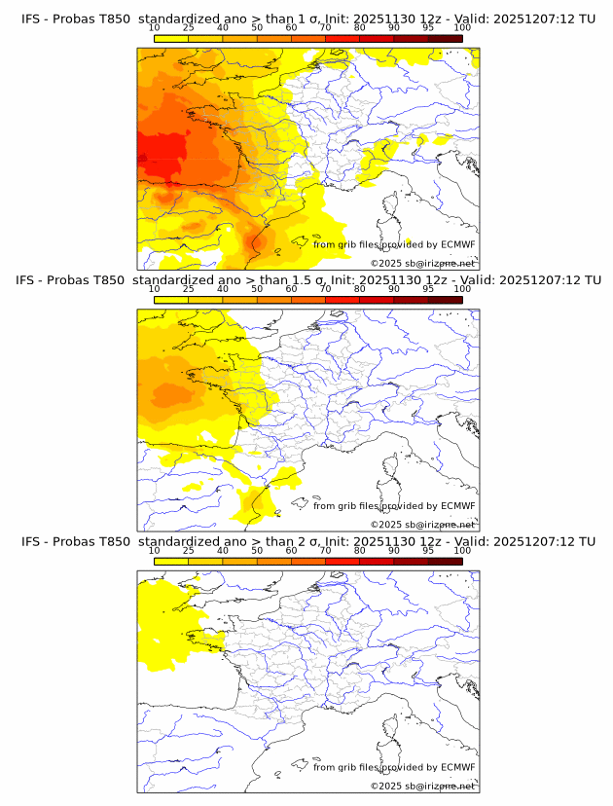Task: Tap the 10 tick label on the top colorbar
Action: pos(155,28)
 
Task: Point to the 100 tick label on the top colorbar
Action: pos(462,28)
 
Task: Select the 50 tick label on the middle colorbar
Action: pos(257,289)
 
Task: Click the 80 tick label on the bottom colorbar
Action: pos(360,550)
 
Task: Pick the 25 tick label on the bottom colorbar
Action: pos(189,550)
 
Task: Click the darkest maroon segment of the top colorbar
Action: pos(446,39)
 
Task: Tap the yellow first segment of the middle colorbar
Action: pos(171,300)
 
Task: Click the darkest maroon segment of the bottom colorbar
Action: pos(446,561)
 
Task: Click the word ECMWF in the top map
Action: pos(457,244)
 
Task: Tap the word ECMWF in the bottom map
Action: pos(457,766)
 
